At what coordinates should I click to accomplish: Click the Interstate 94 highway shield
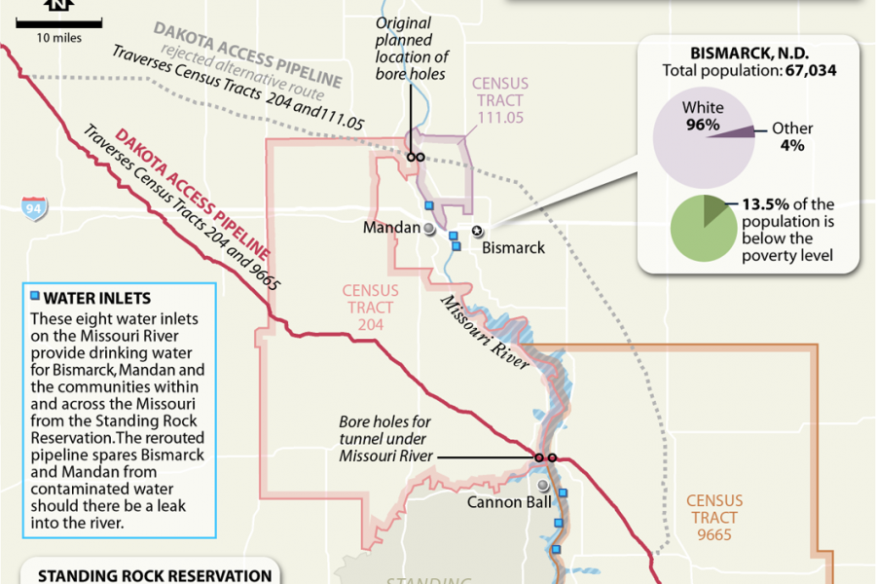tap(35, 208)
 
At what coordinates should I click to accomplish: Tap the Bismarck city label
tap(513, 247)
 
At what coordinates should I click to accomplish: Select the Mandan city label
tap(390, 228)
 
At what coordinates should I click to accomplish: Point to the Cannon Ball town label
tap(510, 502)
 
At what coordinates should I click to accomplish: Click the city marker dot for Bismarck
tap(477, 231)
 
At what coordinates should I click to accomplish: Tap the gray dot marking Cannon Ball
tap(542, 485)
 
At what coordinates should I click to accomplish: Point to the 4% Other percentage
tap(791, 146)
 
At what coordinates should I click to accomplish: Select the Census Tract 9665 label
tap(714, 518)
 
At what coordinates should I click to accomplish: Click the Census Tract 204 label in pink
tap(369, 308)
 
